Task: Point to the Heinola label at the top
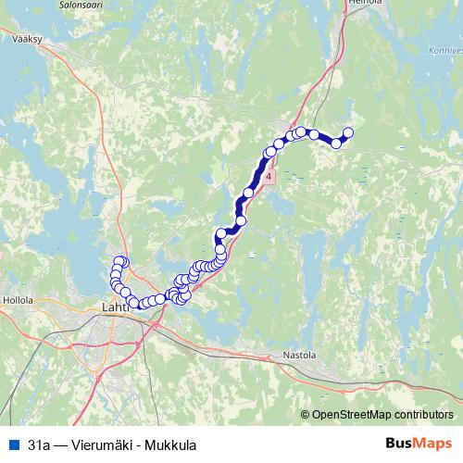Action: point(358,4)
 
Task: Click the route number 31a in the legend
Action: point(39,444)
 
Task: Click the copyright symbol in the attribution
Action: point(306,415)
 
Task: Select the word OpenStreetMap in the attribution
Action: point(353,415)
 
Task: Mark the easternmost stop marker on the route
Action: point(348,132)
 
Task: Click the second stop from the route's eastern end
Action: point(336,143)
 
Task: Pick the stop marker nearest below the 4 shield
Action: point(248,193)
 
